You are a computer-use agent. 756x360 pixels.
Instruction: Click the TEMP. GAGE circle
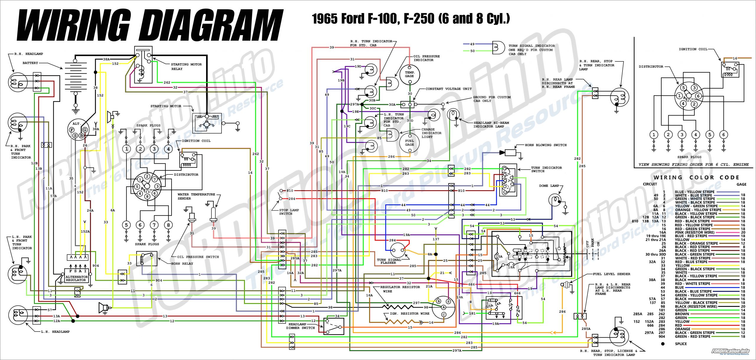[x=409, y=74]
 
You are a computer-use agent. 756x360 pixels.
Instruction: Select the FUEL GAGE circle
[x=409, y=143]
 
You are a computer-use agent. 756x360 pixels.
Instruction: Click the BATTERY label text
[x=30, y=63]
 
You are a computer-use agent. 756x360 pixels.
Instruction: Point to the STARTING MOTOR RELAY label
[x=186, y=66]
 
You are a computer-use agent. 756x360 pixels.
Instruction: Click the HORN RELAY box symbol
[x=146, y=259]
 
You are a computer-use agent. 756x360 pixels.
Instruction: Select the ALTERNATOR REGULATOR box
[x=76, y=276]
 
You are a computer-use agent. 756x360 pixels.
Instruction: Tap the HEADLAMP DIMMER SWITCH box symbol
[x=334, y=326]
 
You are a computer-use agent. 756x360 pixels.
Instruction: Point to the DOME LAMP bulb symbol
[x=556, y=200]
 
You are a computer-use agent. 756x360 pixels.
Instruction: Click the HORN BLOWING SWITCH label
[x=545, y=145]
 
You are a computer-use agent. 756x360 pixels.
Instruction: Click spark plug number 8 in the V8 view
[x=168, y=225]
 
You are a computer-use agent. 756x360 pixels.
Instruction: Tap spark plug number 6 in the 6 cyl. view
[x=723, y=135]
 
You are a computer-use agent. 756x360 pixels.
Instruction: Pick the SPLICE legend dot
[x=663, y=344]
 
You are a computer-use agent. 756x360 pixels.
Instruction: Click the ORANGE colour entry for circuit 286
[x=682, y=329]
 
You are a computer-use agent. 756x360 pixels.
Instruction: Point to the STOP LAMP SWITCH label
[x=289, y=212]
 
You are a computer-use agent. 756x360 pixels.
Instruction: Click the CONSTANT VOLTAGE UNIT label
[x=448, y=89]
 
